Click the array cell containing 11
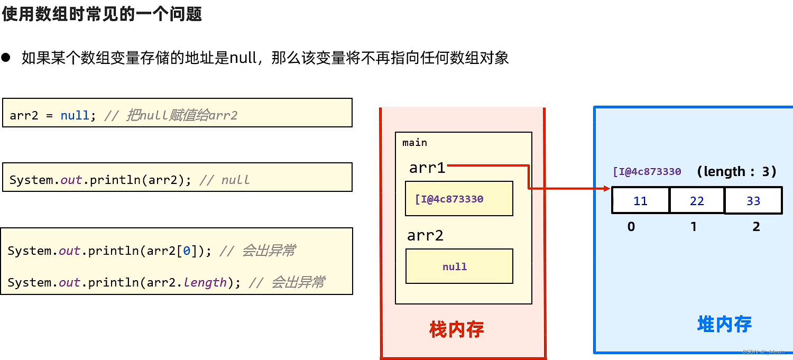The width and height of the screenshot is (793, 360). coord(640,201)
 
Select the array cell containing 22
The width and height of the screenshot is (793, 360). coord(697,201)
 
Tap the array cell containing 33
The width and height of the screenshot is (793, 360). coord(753,201)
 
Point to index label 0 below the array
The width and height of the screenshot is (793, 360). coord(631,227)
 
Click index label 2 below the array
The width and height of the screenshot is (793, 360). coord(757,227)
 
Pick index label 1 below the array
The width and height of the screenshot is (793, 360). coord(694,227)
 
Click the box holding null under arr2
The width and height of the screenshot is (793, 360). coord(459,266)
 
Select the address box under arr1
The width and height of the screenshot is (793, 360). coord(459,199)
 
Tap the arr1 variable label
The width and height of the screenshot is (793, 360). coord(427,168)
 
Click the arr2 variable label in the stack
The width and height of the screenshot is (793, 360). coord(425,235)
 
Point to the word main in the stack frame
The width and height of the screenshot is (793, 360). coord(414,143)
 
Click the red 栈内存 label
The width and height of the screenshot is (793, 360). coord(457,330)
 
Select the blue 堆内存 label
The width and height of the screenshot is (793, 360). coord(724,324)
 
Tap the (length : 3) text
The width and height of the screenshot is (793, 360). coord(736,171)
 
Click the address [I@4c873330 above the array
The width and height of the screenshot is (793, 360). coord(647,172)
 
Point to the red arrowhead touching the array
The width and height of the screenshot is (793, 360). coord(606,188)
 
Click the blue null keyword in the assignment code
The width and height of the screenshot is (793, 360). coord(75,115)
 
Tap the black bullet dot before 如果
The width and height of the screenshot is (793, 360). coord(6,58)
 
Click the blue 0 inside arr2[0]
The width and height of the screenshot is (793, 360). coord(187,251)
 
